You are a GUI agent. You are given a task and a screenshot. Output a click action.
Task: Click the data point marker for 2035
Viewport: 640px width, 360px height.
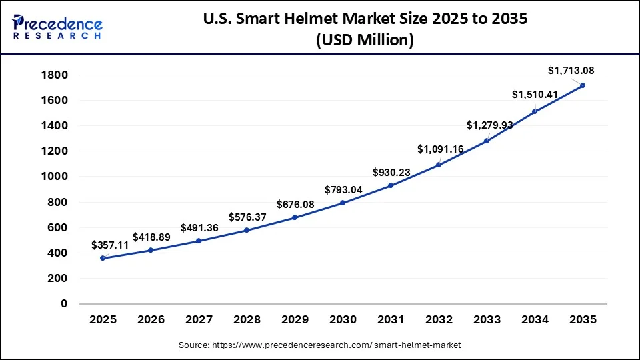[x=583, y=85]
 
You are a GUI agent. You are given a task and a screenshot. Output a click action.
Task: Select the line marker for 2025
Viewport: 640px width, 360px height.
[x=103, y=258]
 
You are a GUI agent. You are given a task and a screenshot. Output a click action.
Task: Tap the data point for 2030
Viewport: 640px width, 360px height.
[x=343, y=203]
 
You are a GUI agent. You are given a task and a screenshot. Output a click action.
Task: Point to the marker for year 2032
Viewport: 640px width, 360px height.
[x=439, y=165]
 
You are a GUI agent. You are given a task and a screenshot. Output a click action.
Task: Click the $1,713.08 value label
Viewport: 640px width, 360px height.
[x=571, y=70]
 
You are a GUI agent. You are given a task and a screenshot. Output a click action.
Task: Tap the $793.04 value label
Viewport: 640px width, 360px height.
[x=344, y=189]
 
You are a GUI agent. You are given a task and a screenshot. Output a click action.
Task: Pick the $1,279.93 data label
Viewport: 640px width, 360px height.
[x=489, y=125]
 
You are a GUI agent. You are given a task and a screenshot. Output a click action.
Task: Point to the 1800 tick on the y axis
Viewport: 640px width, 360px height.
[x=54, y=75]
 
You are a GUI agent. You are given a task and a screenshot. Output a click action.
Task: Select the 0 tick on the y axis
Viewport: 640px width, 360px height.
[x=64, y=304]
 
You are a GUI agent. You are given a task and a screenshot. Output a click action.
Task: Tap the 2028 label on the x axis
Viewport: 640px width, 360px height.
[x=247, y=320]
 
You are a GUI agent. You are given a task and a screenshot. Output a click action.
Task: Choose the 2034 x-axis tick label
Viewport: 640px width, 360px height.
[x=535, y=320]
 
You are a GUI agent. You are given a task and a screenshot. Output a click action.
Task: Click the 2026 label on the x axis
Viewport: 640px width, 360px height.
[x=151, y=320]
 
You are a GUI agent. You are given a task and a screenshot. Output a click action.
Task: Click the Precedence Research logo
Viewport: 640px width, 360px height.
[x=57, y=27]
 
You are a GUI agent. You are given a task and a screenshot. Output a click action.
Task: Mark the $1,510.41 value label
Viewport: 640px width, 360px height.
[x=535, y=95]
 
